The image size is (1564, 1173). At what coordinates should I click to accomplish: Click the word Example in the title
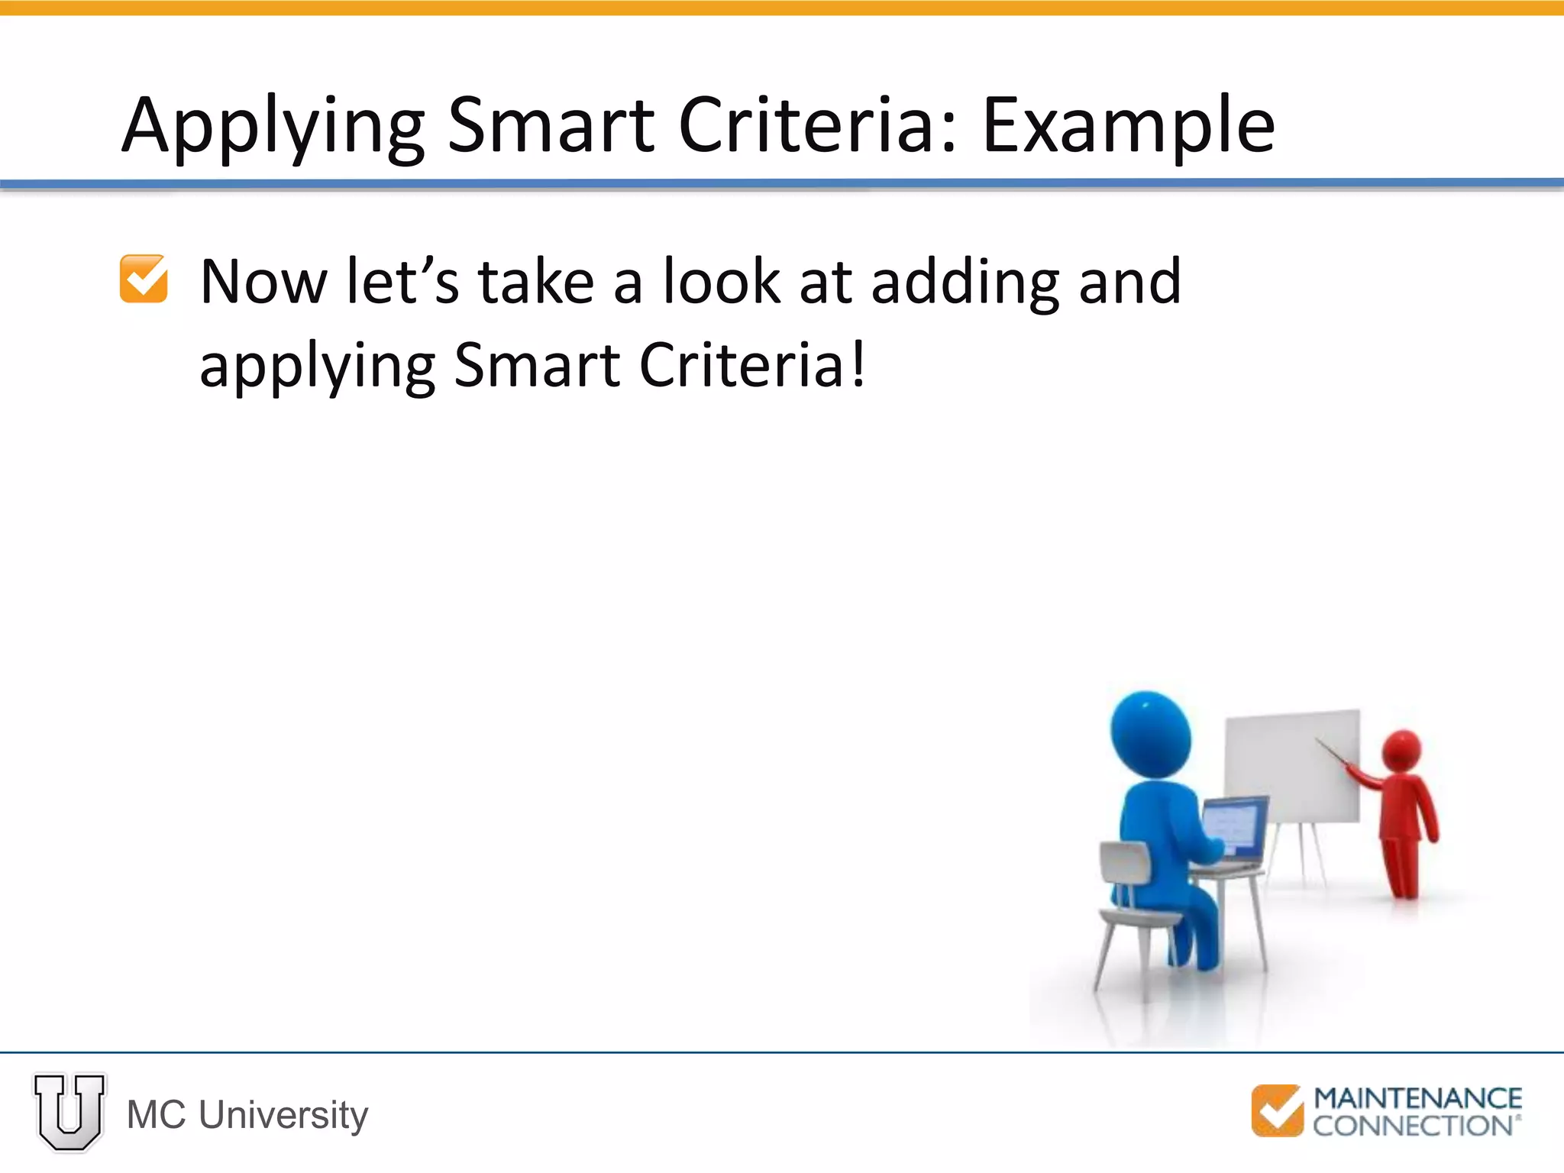coord(1128,126)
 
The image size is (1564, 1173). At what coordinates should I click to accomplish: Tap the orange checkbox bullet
coord(144,279)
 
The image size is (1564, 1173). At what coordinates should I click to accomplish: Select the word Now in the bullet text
coord(263,282)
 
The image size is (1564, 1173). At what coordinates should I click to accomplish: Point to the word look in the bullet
coord(722,282)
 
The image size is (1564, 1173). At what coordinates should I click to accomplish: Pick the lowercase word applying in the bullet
coord(317,367)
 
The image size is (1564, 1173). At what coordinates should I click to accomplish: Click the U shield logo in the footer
coord(69,1111)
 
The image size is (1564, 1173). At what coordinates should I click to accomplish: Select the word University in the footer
coord(283,1115)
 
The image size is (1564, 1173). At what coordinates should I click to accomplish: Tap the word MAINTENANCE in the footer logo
coord(1417,1098)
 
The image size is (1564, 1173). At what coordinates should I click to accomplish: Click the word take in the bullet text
coord(536,282)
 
